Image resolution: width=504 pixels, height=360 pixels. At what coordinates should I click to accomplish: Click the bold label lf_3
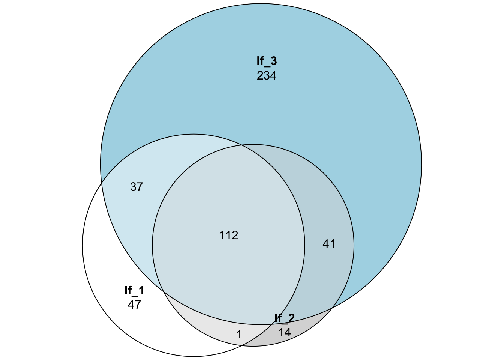tap(267, 61)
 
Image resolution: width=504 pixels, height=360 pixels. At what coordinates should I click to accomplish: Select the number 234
tap(267, 76)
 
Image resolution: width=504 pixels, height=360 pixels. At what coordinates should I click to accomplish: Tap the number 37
tap(136, 187)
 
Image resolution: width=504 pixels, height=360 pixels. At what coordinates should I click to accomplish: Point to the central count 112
tap(229, 235)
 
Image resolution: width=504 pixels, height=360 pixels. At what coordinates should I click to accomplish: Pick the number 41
tap(329, 244)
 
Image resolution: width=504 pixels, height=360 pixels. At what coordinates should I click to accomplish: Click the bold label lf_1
tap(134, 291)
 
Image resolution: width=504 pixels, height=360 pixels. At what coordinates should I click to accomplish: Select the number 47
tap(134, 305)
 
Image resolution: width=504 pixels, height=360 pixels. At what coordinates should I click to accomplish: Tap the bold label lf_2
tap(285, 318)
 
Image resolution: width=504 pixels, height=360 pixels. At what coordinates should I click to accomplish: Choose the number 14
tap(285, 332)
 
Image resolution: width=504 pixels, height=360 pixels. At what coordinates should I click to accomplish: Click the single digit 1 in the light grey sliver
tap(239, 334)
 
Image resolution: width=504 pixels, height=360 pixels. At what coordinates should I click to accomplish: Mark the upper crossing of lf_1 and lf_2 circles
tap(242, 145)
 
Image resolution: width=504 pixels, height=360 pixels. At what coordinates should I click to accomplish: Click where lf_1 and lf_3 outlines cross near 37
tap(102, 184)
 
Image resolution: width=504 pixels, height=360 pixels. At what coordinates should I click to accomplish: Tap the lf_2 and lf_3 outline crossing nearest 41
tap(332, 308)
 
